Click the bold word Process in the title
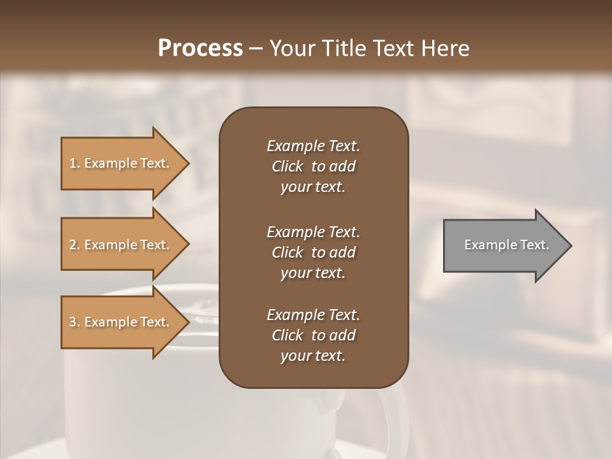click(200, 48)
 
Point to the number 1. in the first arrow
click(75, 164)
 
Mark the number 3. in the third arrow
click(75, 323)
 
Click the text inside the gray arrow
click(506, 245)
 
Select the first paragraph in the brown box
click(313, 166)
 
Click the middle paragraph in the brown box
click(313, 252)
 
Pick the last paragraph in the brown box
click(313, 335)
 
